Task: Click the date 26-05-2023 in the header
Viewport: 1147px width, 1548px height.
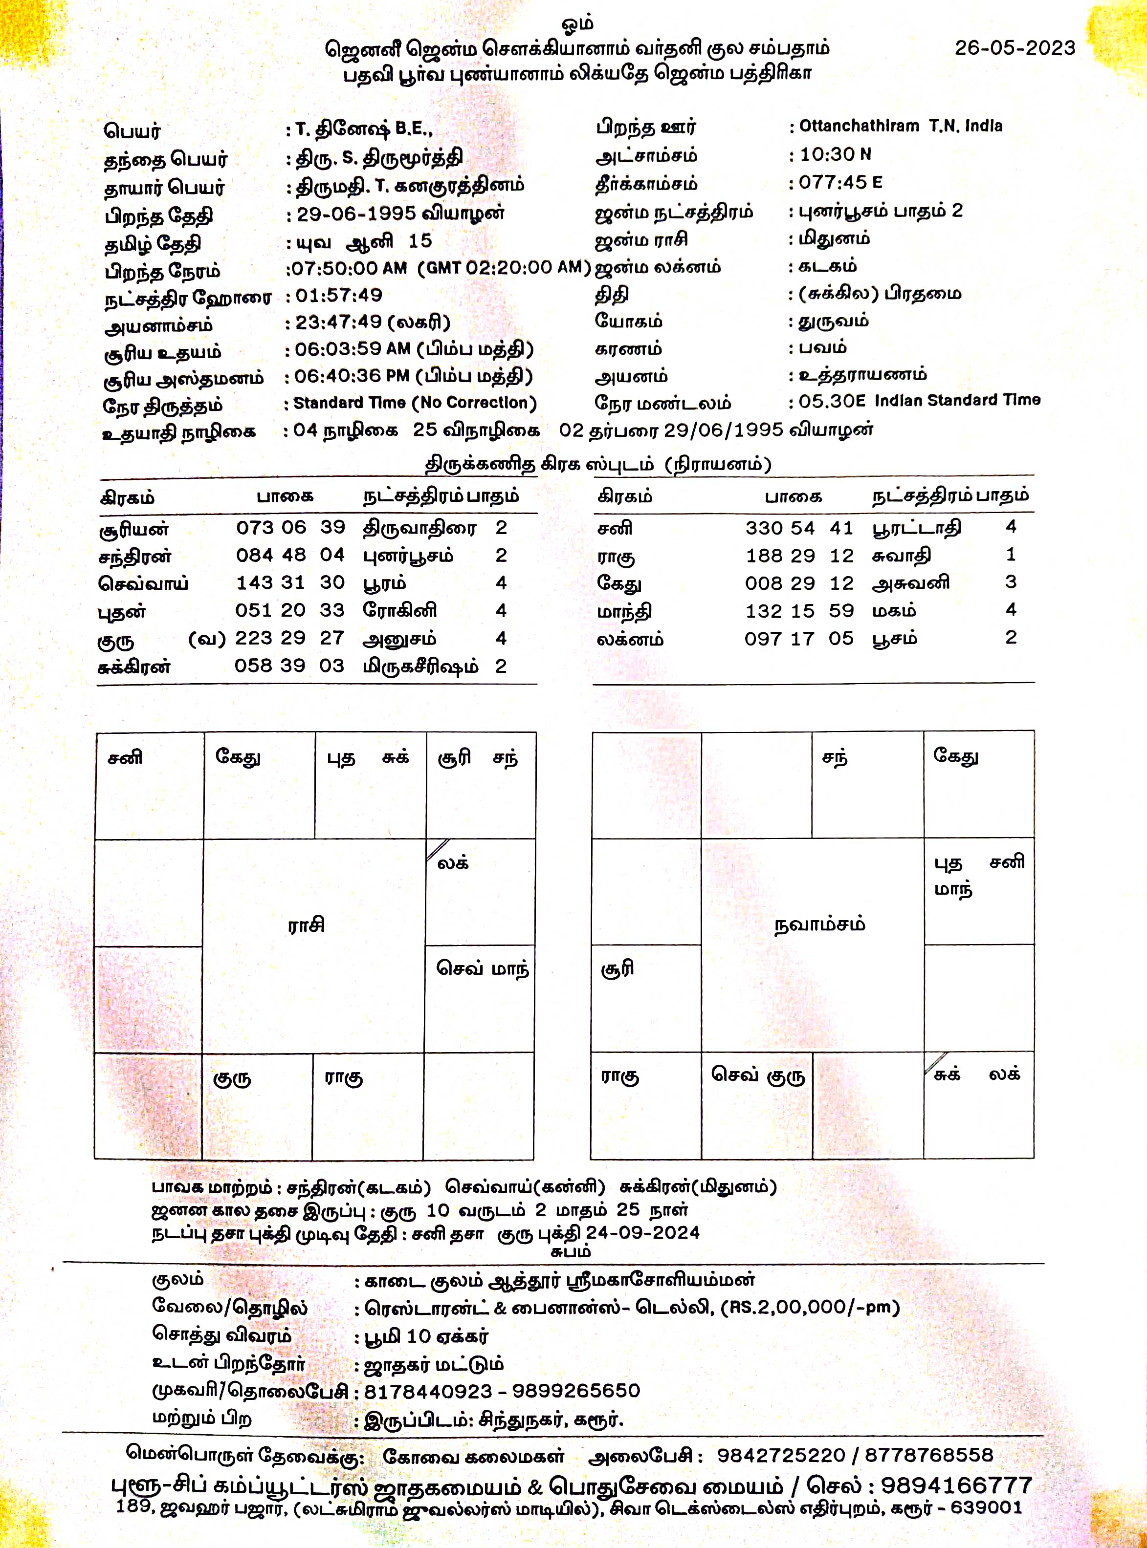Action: pos(1015,48)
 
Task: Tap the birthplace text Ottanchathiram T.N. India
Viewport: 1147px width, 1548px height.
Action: pos(901,126)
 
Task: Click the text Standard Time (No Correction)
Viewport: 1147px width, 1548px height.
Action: pos(415,403)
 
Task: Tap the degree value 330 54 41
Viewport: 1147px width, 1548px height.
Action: pos(799,528)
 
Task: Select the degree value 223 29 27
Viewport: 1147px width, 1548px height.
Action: pos(289,638)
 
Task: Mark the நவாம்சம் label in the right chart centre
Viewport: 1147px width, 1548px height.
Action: pos(819,924)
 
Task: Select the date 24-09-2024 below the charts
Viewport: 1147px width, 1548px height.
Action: pos(642,1232)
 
